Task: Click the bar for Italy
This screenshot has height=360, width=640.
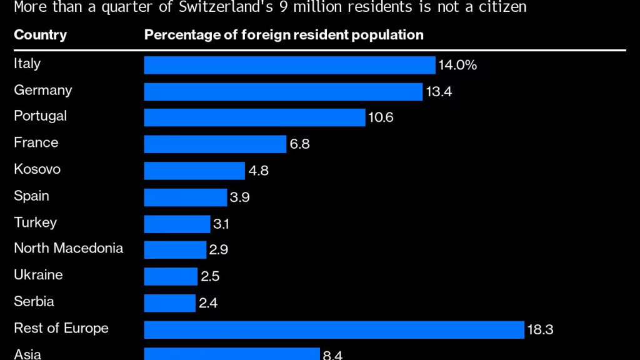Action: coord(289,65)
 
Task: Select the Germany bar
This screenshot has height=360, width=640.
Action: coord(283,92)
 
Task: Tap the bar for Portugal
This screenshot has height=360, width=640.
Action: coord(254,117)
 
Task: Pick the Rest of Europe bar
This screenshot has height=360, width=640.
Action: coord(334,329)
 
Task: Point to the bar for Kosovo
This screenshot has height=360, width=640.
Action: coord(194,171)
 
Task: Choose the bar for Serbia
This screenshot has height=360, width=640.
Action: coord(169,303)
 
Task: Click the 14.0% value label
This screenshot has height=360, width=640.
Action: coord(458,65)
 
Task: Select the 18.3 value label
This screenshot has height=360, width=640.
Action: coord(541,329)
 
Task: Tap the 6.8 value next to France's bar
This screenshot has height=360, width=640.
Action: coord(299,144)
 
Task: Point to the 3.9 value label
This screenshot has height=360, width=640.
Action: coord(240,197)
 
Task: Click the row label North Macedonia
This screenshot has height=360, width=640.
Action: coord(68,248)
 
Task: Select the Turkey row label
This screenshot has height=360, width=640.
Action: coord(35,222)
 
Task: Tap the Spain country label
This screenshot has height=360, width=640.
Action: coord(31,196)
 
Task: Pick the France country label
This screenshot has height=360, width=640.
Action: coord(36,142)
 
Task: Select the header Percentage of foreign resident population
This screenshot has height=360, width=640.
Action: coord(284,35)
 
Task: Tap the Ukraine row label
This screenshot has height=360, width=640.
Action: coord(38,275)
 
